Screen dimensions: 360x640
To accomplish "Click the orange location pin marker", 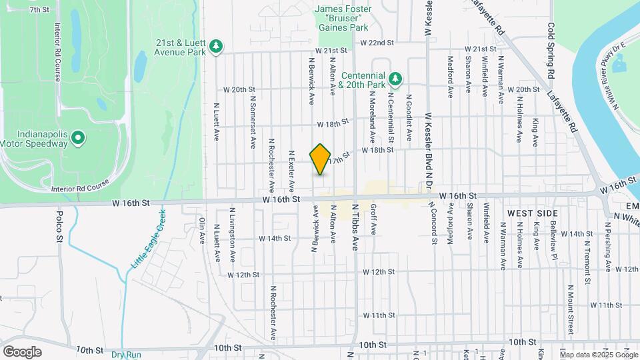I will pos(321,159).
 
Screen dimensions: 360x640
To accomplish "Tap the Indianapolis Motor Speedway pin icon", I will pos(78,139).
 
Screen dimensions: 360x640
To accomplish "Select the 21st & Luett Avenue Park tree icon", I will pos(215,46).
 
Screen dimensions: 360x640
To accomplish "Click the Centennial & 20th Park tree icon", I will pos(395,79).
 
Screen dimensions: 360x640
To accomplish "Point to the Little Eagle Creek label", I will pos(147,239).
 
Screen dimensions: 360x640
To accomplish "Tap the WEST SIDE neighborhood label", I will pos(532,212).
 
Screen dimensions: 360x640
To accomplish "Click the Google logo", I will pos(22,351).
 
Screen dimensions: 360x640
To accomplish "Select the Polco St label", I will pos(59,226).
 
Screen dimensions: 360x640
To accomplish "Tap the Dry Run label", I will pos(126,355).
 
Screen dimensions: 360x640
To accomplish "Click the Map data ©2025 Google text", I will pos(598,353).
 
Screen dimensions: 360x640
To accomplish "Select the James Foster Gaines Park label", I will pos(341,19).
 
